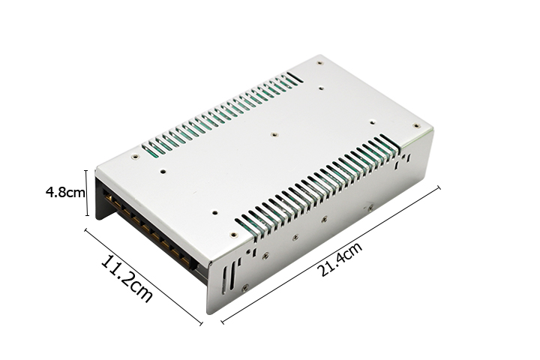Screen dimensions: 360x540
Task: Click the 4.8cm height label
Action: pyautogui.click(x=64, y=192)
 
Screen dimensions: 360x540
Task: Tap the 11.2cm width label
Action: pyautogui.click(x=127, y=280)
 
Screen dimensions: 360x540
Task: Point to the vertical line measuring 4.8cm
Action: pyautogui.click(x=86, y=192)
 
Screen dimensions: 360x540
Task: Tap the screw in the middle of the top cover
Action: pyautogui.click(x=274, y=136)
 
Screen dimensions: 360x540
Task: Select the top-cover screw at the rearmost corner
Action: pyautogui.click(x=320, y=63)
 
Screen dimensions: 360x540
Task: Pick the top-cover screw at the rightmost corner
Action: pyautogui.click(x=416, y=126)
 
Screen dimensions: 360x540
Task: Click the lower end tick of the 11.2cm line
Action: pyautogui.click(x=200, y=323)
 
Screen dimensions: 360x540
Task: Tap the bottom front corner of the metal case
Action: pyautogui.click(x=209, y=313)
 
